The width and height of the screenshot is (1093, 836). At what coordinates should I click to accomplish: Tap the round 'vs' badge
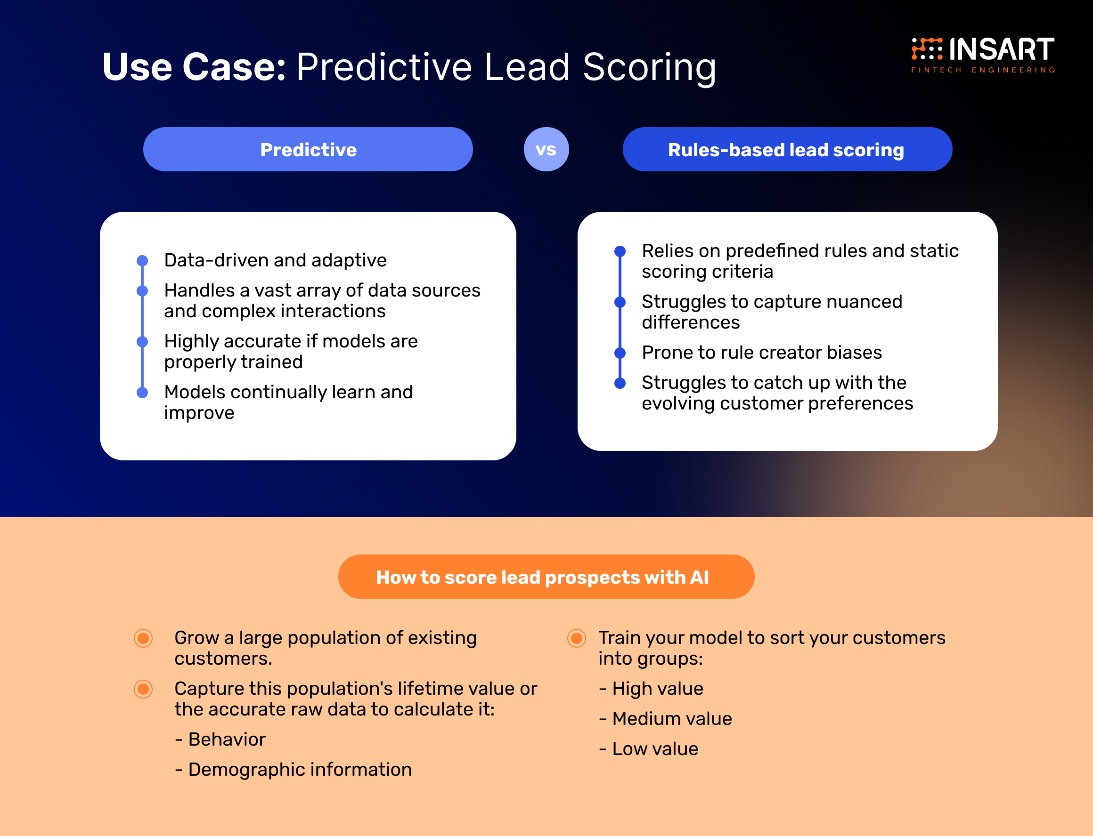coord(546,149)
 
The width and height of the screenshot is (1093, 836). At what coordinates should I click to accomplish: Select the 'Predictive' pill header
coord(308,149)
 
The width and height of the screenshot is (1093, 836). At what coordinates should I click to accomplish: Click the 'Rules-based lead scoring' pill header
coord(787,149)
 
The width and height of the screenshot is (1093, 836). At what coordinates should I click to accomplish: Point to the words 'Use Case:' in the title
coord(194,67)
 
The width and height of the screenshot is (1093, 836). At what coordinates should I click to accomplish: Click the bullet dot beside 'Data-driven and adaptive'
coord(142,261)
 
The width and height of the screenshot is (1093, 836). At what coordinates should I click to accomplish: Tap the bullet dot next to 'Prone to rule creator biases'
coord(620,353)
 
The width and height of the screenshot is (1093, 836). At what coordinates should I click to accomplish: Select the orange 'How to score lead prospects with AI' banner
coord(546,577)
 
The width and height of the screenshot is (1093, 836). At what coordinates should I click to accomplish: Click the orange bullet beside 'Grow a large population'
coord(143,638)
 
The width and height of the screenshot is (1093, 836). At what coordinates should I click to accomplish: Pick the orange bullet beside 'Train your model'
coord(577,638)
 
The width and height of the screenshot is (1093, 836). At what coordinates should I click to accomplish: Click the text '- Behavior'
coord(220,740)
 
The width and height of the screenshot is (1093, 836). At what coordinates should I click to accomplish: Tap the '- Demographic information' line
coord(294,770)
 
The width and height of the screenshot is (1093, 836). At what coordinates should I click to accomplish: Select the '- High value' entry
coord(651,689)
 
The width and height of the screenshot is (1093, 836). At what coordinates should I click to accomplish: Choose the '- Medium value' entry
coord(665,719)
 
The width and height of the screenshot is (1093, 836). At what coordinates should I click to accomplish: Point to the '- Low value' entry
coord(648,749)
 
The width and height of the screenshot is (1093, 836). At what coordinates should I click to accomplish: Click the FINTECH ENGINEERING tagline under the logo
coord(983,70)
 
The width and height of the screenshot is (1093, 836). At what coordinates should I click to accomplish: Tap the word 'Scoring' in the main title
coord(649,67)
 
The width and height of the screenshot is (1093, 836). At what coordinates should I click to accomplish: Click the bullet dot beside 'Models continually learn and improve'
coord(142,393)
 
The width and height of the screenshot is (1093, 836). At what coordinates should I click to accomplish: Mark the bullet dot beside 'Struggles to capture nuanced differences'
coord(620,302)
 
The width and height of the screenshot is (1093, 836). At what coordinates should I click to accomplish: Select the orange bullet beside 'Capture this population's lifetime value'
coord(143,689)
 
